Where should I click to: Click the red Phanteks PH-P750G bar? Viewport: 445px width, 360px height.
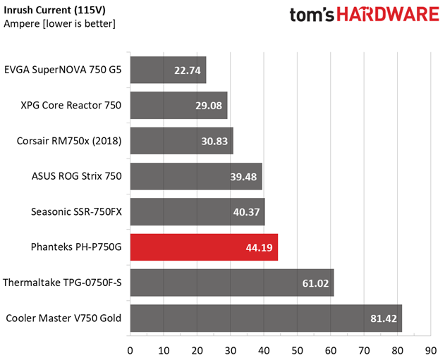[204, 247]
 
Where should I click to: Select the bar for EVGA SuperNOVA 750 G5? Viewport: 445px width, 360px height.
[169, 70]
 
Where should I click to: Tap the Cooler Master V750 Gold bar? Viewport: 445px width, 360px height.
[266, 318]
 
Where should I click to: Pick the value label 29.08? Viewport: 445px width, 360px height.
[209, 106]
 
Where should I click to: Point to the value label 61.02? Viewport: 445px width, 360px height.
[315, 283]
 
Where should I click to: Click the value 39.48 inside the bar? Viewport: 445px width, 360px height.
[243, 177]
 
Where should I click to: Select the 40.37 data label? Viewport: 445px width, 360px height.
[246, 212]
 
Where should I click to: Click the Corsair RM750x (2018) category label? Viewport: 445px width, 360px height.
[69, 141]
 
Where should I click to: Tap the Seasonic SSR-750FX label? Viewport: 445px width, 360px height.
[76, 212]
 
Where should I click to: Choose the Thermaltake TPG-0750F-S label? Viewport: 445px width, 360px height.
[62, 283]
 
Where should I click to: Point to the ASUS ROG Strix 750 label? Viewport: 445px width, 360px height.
[77, 176]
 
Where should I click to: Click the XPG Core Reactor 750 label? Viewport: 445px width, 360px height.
[71, 106]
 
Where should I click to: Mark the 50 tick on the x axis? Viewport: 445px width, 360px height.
[297, 351]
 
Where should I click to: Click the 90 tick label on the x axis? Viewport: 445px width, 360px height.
[431, 351]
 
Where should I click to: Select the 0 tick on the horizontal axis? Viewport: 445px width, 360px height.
[130, 351]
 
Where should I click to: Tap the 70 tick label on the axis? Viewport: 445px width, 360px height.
[364, 351]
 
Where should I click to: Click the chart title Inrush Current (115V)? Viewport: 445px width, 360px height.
[54, 10]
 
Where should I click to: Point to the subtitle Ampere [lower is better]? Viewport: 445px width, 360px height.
[60, 23]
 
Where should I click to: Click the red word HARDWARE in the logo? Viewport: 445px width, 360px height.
[388, 15]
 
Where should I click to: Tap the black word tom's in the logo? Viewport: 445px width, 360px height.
[312, 15]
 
